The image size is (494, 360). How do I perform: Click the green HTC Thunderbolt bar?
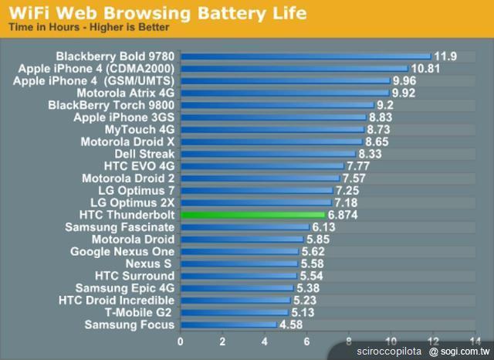252,215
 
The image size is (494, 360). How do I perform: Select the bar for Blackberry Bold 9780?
305,56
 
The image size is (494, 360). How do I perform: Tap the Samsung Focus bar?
228,324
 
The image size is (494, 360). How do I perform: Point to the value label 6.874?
343,215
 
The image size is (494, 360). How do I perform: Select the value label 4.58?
292,324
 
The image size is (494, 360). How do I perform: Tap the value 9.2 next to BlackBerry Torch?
386,105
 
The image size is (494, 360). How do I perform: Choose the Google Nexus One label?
122,252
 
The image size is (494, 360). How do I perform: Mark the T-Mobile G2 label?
140,313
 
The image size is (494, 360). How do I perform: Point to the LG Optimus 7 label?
137,190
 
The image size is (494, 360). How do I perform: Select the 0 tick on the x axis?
181,341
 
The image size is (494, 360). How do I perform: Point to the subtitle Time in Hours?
46,28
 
